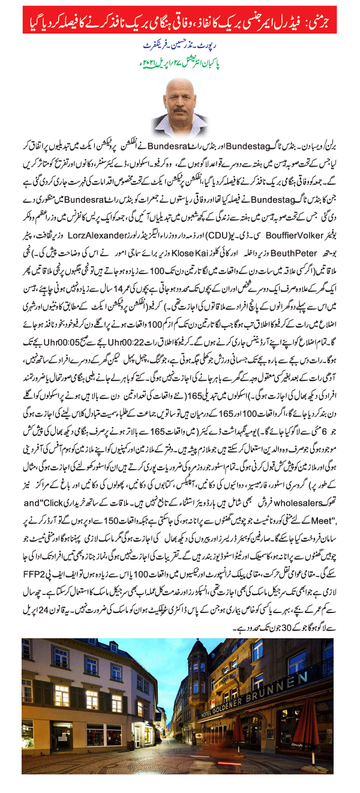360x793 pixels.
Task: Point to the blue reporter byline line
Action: pos(179,45)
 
